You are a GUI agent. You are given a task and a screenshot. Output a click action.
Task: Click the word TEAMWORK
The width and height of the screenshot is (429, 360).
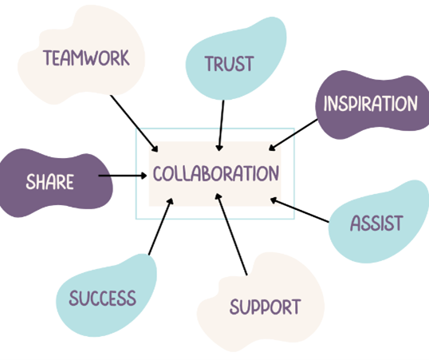coord(86,57)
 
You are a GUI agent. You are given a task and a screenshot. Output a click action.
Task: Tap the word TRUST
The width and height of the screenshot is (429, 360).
coord(230,64)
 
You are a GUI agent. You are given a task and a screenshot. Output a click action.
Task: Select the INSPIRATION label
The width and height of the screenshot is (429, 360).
coord(371,103)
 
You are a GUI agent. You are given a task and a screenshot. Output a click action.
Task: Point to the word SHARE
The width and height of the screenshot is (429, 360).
coord(49,182)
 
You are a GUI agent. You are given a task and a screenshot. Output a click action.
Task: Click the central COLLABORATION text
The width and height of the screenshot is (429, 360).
coord(216,173)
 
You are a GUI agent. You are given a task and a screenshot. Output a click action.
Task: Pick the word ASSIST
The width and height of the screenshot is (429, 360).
coord(376,223)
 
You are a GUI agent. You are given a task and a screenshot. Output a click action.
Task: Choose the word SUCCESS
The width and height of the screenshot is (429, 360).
coord(103,298)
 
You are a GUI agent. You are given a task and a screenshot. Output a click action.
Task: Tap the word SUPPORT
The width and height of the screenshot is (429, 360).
coord(265,307)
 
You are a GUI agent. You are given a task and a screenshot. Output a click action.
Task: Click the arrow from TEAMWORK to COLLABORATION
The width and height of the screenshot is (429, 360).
coord(134,124)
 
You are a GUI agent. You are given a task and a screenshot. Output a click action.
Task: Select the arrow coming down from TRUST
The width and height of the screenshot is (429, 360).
coord(221,125)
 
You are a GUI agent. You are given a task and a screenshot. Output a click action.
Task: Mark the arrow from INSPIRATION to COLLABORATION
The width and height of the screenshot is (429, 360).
coord(293,135)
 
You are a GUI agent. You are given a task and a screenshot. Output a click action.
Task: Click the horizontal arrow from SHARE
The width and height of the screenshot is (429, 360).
coord(123,176)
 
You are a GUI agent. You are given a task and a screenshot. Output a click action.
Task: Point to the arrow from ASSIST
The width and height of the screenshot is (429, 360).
coord(299,210)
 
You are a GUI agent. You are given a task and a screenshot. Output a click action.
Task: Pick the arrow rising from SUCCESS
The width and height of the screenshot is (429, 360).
coord(161,227)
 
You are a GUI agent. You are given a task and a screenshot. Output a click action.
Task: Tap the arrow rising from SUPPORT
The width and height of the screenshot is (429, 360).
coord(231,234)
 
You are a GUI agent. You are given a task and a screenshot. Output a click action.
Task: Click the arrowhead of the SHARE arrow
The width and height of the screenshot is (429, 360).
coord(144,176)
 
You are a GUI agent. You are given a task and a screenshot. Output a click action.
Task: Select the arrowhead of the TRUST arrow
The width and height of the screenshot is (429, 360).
coord(218,148)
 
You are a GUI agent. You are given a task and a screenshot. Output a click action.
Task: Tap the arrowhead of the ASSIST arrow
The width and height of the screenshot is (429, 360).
coord(274,200)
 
